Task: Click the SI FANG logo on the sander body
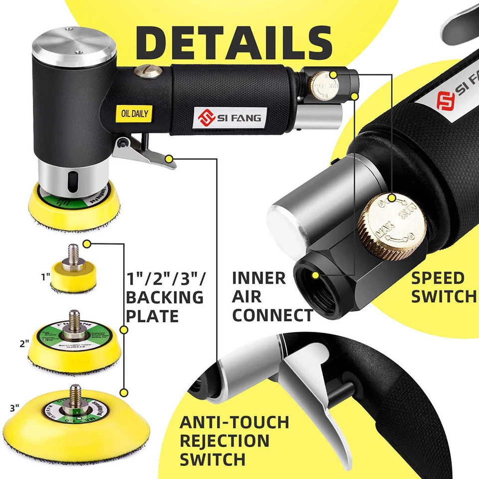(x=231, y=118)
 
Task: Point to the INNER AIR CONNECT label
(x=272, y=297)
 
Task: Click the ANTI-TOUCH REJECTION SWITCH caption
(x=234, y=441)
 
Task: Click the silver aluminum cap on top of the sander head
(x=74, y=46)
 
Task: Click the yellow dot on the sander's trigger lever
(x=170, y=159)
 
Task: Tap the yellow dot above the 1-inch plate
(x=87, y=243)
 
